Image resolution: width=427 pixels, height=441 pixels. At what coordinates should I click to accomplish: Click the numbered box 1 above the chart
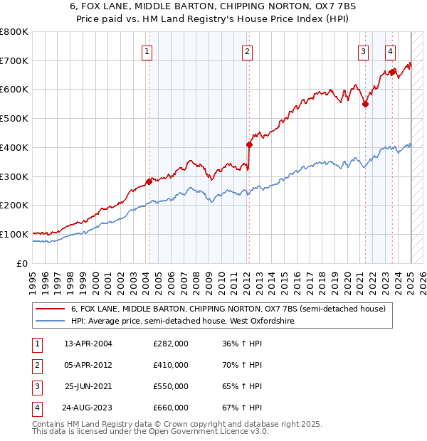[x=147, y=51]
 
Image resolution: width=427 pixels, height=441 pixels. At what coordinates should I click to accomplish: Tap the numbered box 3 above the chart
[x=363, y=51]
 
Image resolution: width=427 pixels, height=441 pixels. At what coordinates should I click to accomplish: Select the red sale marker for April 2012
[x=249, y=144]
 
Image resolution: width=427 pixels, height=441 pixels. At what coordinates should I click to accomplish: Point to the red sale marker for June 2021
[x=365, y=104]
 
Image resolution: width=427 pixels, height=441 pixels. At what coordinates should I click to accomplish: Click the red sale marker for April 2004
[x=149, y=181]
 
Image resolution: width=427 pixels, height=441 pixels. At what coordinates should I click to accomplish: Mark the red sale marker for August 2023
[x=392, y=72]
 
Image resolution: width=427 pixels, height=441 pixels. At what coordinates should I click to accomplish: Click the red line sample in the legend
[x=51, y=309]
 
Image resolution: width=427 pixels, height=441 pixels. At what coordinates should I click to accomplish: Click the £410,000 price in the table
[x=171, y=365]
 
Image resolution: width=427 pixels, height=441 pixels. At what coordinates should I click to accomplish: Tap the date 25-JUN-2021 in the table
[x=88, y=386]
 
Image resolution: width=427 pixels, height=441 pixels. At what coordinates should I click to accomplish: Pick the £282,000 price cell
[x=171, y=344]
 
